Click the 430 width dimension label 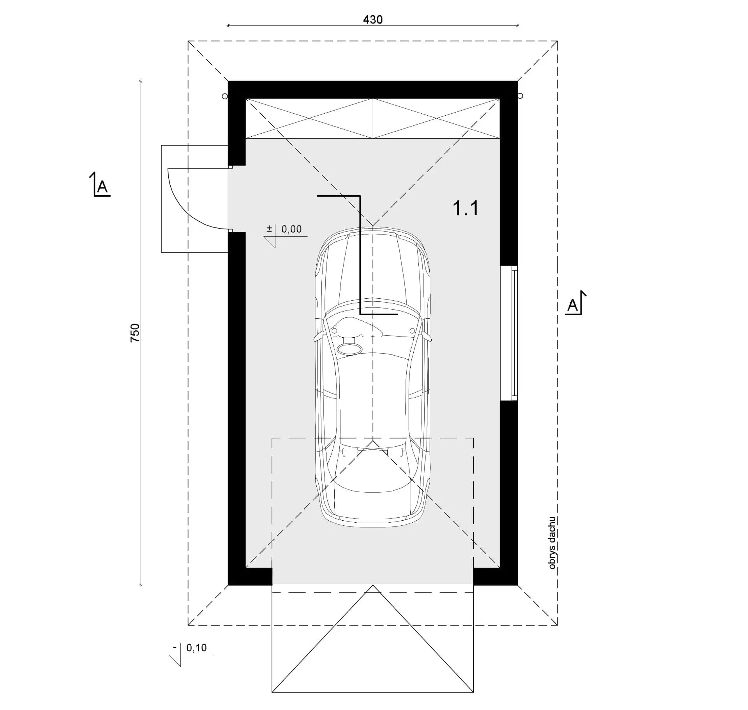(x=373, y=19)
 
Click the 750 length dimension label (x=134, y=333)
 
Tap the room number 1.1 (x=466, y=208)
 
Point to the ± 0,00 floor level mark (x=286, y=235)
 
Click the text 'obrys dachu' (x=552, y=543)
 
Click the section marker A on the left (x=101, y=184)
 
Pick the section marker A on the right (x=575, y=303)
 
